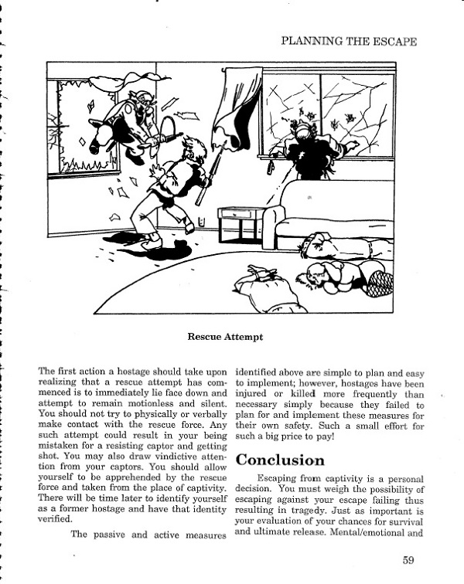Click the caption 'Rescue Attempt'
[x=226, y=337]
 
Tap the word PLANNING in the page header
[x=310, y=41]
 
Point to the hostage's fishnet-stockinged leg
[x=380, y=282]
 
